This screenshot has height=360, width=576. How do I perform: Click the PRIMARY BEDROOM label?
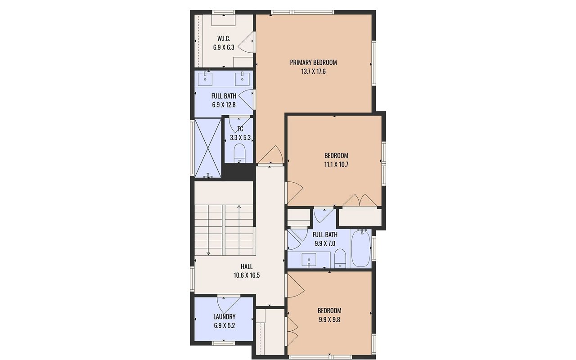click(313, 63)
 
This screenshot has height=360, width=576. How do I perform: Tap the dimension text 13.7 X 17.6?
click(313, 72)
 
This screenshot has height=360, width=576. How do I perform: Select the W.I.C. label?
click(224, 39)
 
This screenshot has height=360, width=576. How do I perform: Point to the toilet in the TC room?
click(240, 153)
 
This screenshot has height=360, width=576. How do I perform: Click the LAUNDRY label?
click(224, 316)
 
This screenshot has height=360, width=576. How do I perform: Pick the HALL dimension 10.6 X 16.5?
click(247, 275)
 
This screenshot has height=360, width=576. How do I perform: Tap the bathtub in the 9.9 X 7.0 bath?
click(361, 248)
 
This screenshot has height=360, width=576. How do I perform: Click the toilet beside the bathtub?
click(340, 258)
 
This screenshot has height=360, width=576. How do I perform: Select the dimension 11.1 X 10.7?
click(336, 165)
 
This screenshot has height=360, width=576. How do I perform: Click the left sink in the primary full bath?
click(205, 79)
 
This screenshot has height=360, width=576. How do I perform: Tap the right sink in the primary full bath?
click(242, 79)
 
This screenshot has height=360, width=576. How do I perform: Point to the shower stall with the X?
click(208, 148)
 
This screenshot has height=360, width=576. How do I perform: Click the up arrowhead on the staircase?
click(239, 207)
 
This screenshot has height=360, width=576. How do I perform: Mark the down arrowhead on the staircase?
click(208, 254)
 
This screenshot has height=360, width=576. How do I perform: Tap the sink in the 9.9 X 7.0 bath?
click(309, 260)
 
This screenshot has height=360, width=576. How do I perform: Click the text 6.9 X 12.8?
click(224, 105)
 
